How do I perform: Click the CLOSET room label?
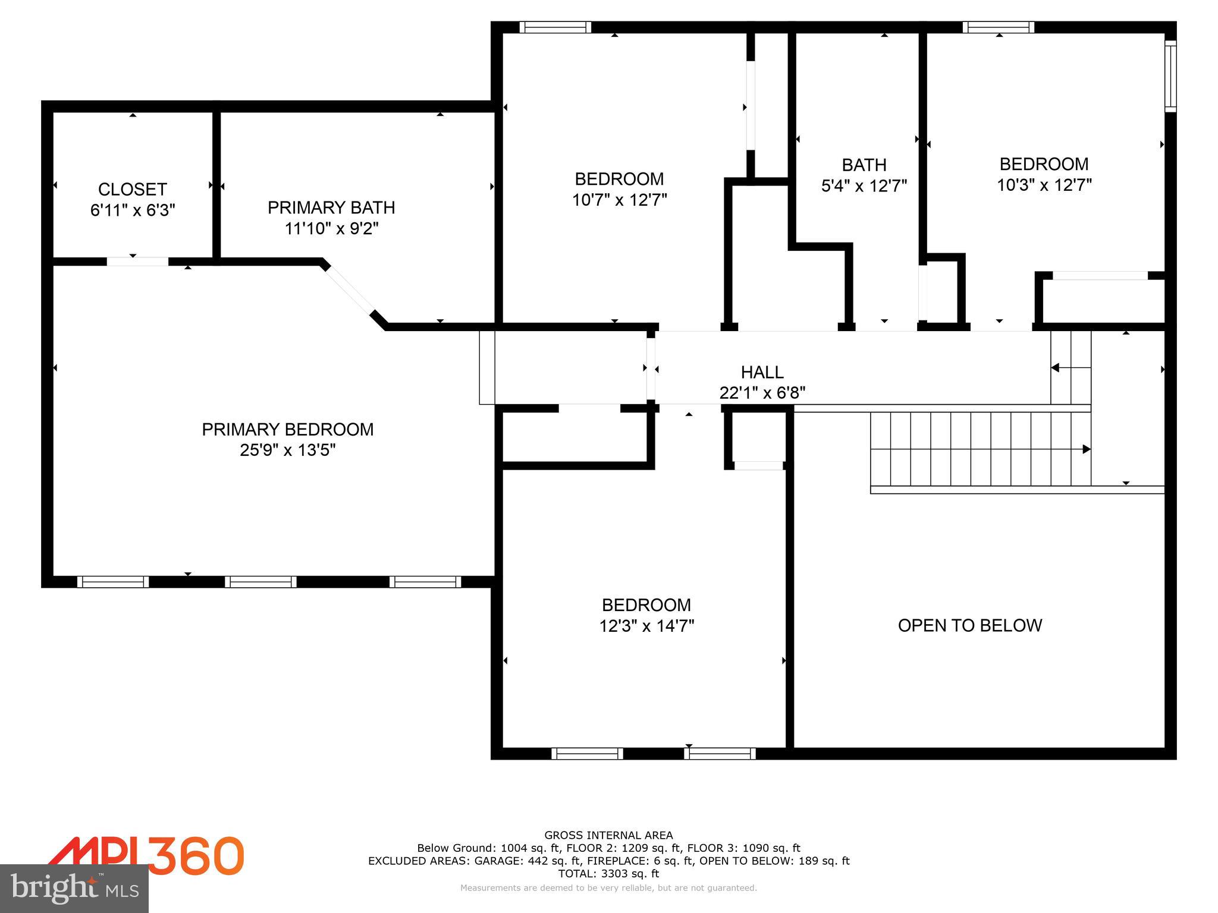[132, 190]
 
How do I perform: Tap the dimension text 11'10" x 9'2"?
[331, 228]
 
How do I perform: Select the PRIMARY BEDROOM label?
[287, 429]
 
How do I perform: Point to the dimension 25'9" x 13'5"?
[287, 450]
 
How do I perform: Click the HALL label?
[762, 372]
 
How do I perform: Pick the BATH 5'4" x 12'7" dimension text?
[864, 186]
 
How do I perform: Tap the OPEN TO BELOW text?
[969, 625]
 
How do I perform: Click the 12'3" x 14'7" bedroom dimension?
[646, 626]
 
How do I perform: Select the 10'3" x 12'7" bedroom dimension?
[1044, 185]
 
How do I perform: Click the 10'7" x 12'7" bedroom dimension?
[619, 200]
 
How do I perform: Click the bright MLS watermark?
[74, 889]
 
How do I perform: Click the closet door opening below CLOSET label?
[137, 262]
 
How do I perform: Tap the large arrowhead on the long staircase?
[1086, 449]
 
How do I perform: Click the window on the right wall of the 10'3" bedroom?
[1170, 76]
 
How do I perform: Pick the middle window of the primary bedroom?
[260, 582]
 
